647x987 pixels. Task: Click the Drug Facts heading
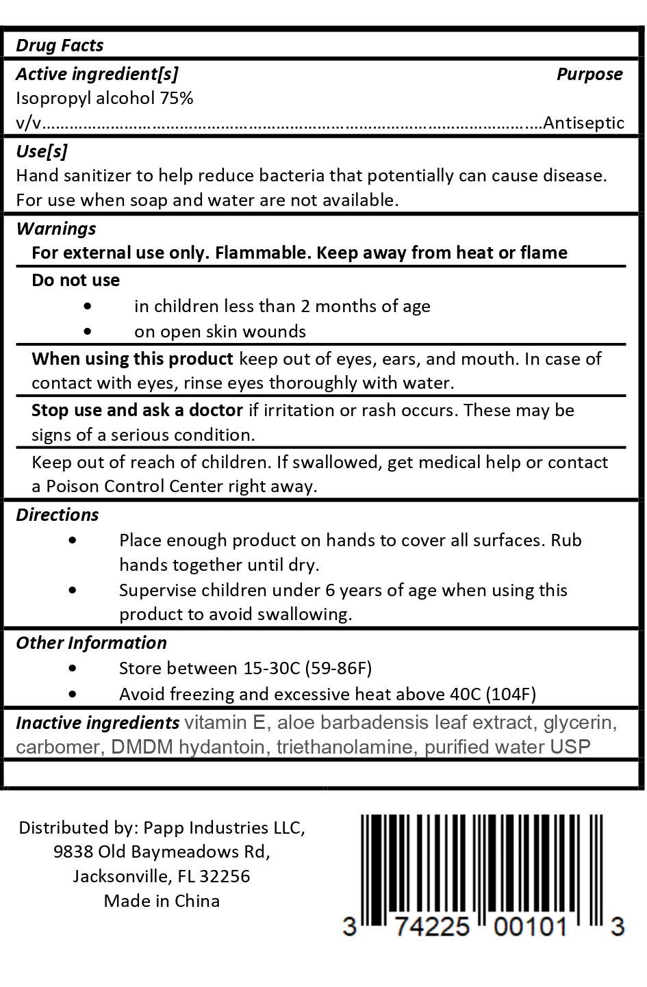[x=60, y=45]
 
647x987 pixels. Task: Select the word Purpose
[x=589, y=74]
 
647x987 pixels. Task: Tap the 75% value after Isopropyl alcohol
[x=177, y=98]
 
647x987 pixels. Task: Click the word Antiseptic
[x=583, y=123]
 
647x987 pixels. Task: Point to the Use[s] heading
[x=41, y=151]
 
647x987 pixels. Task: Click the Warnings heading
[x=55, y=228]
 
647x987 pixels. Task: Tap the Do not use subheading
[x=75, y=280]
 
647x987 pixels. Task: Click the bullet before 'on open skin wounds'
[x=87, y=331]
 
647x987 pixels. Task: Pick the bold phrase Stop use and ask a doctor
[x=137, y=410]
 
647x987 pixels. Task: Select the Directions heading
[x=57, y=515]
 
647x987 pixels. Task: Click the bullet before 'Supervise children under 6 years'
[x=73, y=590]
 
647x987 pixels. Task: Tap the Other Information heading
[x=91, y=643]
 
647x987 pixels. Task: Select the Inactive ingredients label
[x=97, y=723]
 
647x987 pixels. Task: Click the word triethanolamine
[x=345, y=747]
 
